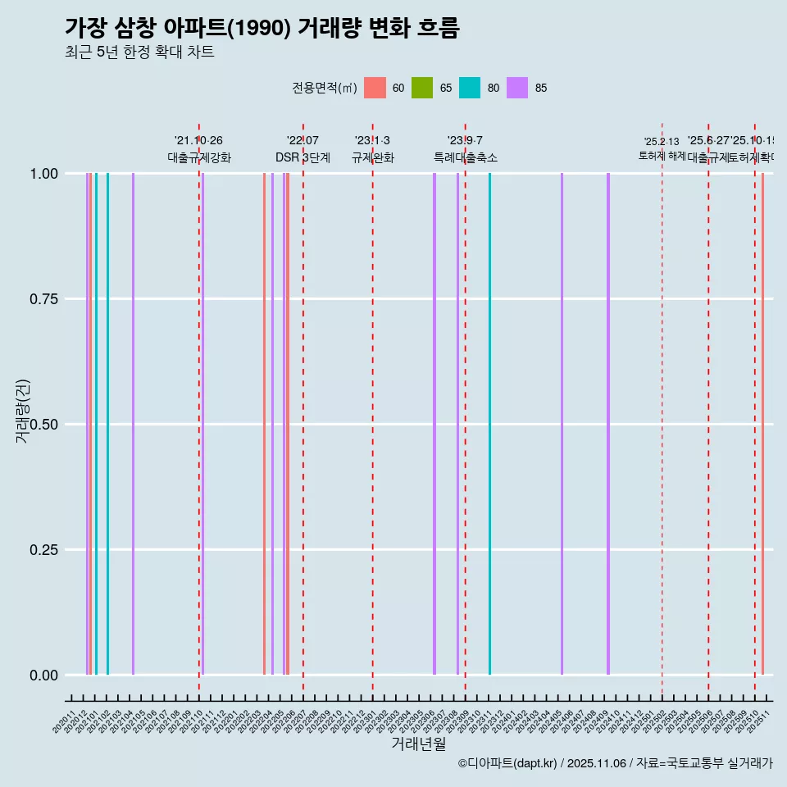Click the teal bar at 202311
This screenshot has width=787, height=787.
[489, 424]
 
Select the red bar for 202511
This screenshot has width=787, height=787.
[762, 424]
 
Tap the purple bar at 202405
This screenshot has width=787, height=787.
[562, 424]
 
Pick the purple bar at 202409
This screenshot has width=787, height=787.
[608, 424]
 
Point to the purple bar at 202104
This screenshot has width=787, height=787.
[133, 424]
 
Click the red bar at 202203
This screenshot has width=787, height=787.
[264, 424]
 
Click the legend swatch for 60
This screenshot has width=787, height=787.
[375, 88]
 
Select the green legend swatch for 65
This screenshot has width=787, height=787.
[422, 88]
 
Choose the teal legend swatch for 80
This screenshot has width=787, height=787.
[470, 88]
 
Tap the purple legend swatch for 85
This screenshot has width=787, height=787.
[517, 88]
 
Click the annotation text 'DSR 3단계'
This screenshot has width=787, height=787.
[303, 157]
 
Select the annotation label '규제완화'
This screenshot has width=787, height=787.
[373, 157]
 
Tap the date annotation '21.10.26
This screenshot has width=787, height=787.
[198, 140]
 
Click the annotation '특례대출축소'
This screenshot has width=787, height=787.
[466, 157]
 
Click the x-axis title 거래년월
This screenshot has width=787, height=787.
[418, 744]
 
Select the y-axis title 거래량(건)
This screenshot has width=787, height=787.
[23, 412]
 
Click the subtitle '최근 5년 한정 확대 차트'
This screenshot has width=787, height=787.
[139, 52]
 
